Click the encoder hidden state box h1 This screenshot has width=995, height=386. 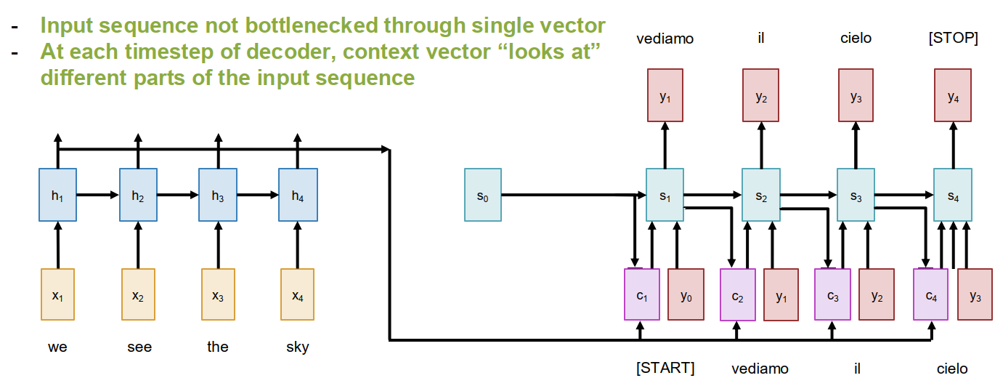pyautogui.click(x=57, y=195)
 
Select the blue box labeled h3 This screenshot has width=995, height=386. pyautogui.click(x=218, y=195)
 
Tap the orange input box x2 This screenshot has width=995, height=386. pyautogui.click(x=137, y=294)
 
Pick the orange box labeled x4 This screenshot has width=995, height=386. pyautogui.click(x=297, y=294)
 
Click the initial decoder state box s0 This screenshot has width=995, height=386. pyautogui.click(x=482, y=195)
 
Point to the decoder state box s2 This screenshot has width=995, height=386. pyautogui.click(x=760, y=195)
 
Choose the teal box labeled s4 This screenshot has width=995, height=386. pyautogui.click(x=952, y=195)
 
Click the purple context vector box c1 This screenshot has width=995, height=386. pyautogui.click(x=641, y=294)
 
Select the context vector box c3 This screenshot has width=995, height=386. pyautogui.click(x=832, y=294)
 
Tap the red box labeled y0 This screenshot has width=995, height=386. pyautogui.click(x=686, y=294)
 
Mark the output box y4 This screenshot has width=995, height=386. pyautogui.click(x=953, y=95)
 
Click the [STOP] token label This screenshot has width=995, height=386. pyautogui.click(x=953, y=39)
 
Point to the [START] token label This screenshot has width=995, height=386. pyautogui.click(x=665, y=368)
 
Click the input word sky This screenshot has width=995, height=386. pyautogui.click(x=298, y=347)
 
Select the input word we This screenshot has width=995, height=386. pyautogui.click(x=57, y=347)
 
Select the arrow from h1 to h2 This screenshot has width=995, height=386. pyautogui.click(x=97, y=195)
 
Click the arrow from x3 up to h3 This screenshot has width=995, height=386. pyautogui.click(x=218, y=245)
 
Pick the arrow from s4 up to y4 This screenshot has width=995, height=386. pyautogui.click(x=953, y=145)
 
